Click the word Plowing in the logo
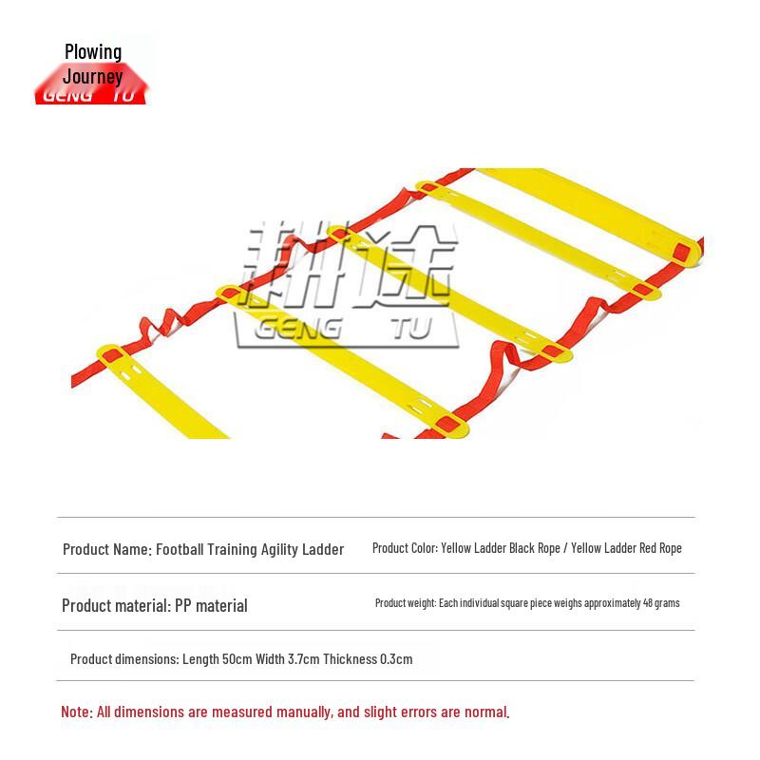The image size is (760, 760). tap(93, 51)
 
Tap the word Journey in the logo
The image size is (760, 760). tap(93, 75)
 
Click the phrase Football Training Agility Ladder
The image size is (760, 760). tap(250, 549)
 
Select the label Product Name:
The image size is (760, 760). tap(106, 549)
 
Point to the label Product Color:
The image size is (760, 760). tap(405, 548)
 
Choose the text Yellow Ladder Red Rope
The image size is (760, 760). tap(627, 548)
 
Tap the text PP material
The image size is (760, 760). tap(211, 606)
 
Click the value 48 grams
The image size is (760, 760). tap(661, 603)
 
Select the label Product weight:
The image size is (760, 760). tap(406, 603)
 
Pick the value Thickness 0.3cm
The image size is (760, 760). tap(368, 659)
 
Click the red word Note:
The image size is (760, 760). tap(76, 712)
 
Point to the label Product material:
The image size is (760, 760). tap(116, 606)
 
